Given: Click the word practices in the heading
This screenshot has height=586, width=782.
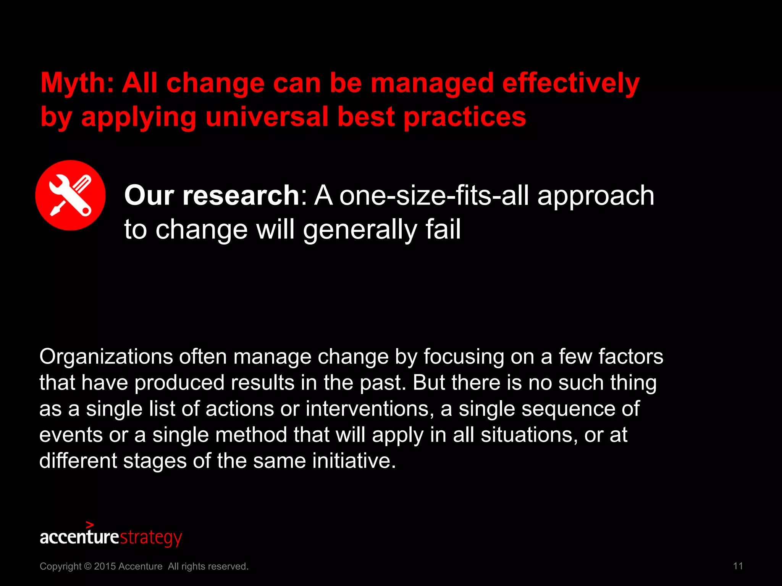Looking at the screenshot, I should tap(465, 117).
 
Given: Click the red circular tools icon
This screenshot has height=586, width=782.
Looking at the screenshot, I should tap(70, 195).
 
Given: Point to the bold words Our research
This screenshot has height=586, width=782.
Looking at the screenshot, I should tap(212, 195).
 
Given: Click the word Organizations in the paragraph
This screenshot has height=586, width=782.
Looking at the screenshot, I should tap(106, 357).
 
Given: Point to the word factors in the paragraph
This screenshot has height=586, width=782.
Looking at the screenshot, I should tap(630, 356).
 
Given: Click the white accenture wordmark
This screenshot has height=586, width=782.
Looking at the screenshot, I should tap(79, 537).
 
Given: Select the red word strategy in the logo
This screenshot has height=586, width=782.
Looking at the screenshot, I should tap(151, 538).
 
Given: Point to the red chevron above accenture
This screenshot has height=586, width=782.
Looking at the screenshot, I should tap(90, 525).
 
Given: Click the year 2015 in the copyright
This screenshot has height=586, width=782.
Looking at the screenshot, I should tap(105, 566).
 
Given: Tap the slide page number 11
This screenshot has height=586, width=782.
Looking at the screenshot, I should tap(738, 566).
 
